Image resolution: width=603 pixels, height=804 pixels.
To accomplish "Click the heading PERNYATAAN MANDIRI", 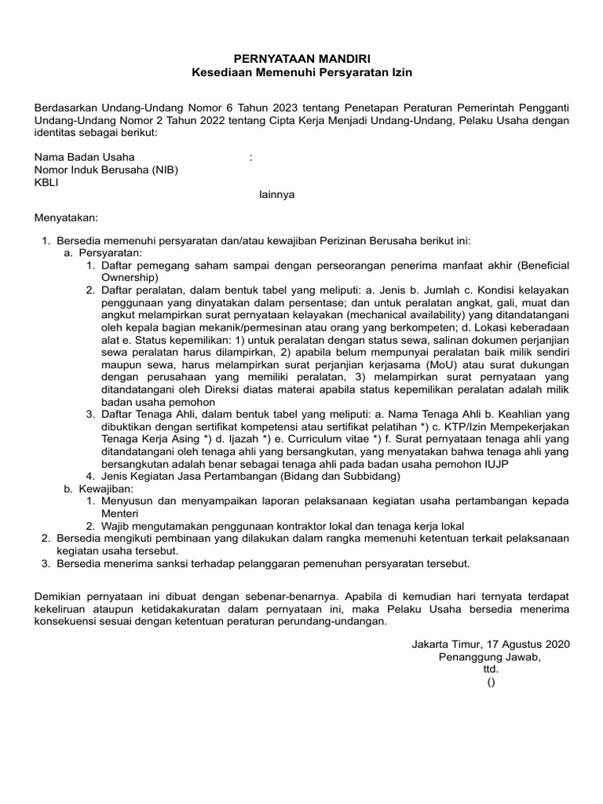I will point(302,58).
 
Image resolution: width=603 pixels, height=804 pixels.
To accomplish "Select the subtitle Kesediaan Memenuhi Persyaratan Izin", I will point(302,72).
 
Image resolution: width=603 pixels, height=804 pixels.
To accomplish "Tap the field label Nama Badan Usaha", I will point(84,157).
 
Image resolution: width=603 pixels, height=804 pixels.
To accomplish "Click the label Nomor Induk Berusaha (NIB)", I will point(105,170).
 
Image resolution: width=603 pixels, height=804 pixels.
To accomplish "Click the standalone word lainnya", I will point(277,195).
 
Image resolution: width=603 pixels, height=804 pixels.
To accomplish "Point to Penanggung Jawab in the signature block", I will point(489,656).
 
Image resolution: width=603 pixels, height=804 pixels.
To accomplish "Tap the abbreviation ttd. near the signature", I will point(490,669).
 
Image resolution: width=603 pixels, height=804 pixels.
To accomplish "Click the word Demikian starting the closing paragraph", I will point(59,598).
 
